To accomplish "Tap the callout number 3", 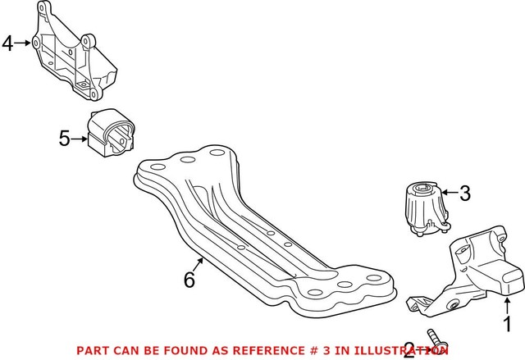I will pyautogui.click(x=464, y=194).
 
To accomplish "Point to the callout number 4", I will pyautogui.click(x=8, y=43).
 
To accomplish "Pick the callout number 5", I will pyautogui.click(x=65, y=139).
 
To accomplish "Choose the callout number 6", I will pyautogui.click(x=189, y=280).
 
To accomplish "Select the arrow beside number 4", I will pyautogui.click(x=25, y=43).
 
